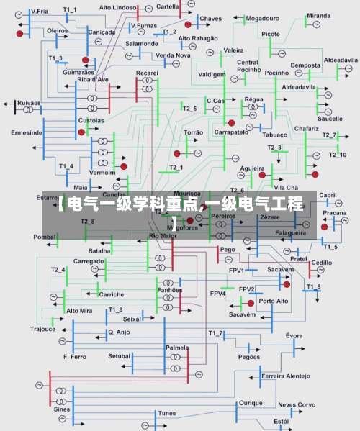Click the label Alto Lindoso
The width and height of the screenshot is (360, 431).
pos(117,7)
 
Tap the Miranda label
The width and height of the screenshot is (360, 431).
pos(318,15)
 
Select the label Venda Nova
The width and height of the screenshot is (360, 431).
pos(173,55)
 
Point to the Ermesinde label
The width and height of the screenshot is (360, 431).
pos(27,132)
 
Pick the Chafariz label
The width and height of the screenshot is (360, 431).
pos(307,128)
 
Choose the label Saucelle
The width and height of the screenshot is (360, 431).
pos(330,118)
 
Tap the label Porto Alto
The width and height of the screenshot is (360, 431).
pos(274,301)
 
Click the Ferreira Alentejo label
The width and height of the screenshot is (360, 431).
pos(286,376)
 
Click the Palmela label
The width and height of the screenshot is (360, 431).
pos(176,347)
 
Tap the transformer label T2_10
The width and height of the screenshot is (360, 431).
pos(337,155)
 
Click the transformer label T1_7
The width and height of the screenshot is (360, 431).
pos(215,333)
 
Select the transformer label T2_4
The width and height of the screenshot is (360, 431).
pos(58,269)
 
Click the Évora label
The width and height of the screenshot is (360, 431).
pos(294,335)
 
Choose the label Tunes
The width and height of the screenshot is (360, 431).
pos(167,413)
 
